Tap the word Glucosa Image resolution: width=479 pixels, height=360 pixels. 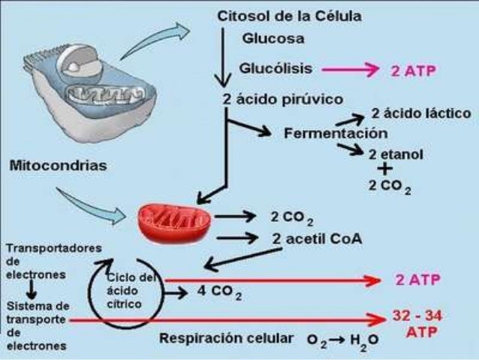(273, 38)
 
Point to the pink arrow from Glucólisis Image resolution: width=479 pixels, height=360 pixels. (348, 71)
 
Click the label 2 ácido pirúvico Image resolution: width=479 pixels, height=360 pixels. (282, 99)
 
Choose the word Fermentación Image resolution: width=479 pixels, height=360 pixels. (336, 133)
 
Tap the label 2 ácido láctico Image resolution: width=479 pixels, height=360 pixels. (421, 113)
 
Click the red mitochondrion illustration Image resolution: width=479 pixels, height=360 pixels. (175, 219)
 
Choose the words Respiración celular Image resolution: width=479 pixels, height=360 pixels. (226, 338)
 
